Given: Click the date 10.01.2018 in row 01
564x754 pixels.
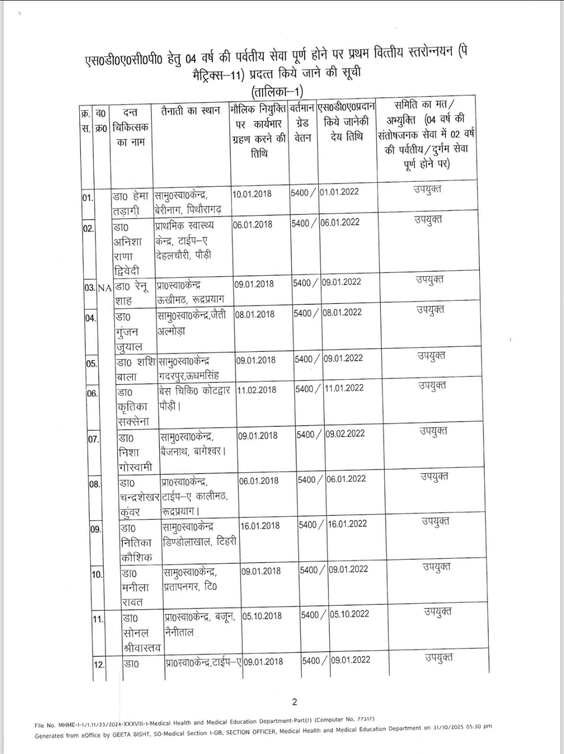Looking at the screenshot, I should point(252,194).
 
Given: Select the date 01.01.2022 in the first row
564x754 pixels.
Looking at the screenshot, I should point(339,192).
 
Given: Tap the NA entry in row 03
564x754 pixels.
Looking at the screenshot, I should point(105,287).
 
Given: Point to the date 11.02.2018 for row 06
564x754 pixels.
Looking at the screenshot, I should point(256,390).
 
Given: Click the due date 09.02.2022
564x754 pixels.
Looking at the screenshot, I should point(345,433).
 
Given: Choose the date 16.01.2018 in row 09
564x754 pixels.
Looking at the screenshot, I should point(260,525).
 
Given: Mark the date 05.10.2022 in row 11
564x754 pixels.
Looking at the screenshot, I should point(349,614).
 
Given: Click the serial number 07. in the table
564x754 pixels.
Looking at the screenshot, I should point(93,439).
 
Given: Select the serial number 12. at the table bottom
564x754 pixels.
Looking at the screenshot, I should point(99,665).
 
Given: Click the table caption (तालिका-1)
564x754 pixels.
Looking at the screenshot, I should point(277,92).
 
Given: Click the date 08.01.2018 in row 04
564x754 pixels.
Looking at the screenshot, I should point(254,314).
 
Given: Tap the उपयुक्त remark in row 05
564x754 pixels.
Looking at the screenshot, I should point(431,356).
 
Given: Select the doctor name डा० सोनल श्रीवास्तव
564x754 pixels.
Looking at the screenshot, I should point(142,633).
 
